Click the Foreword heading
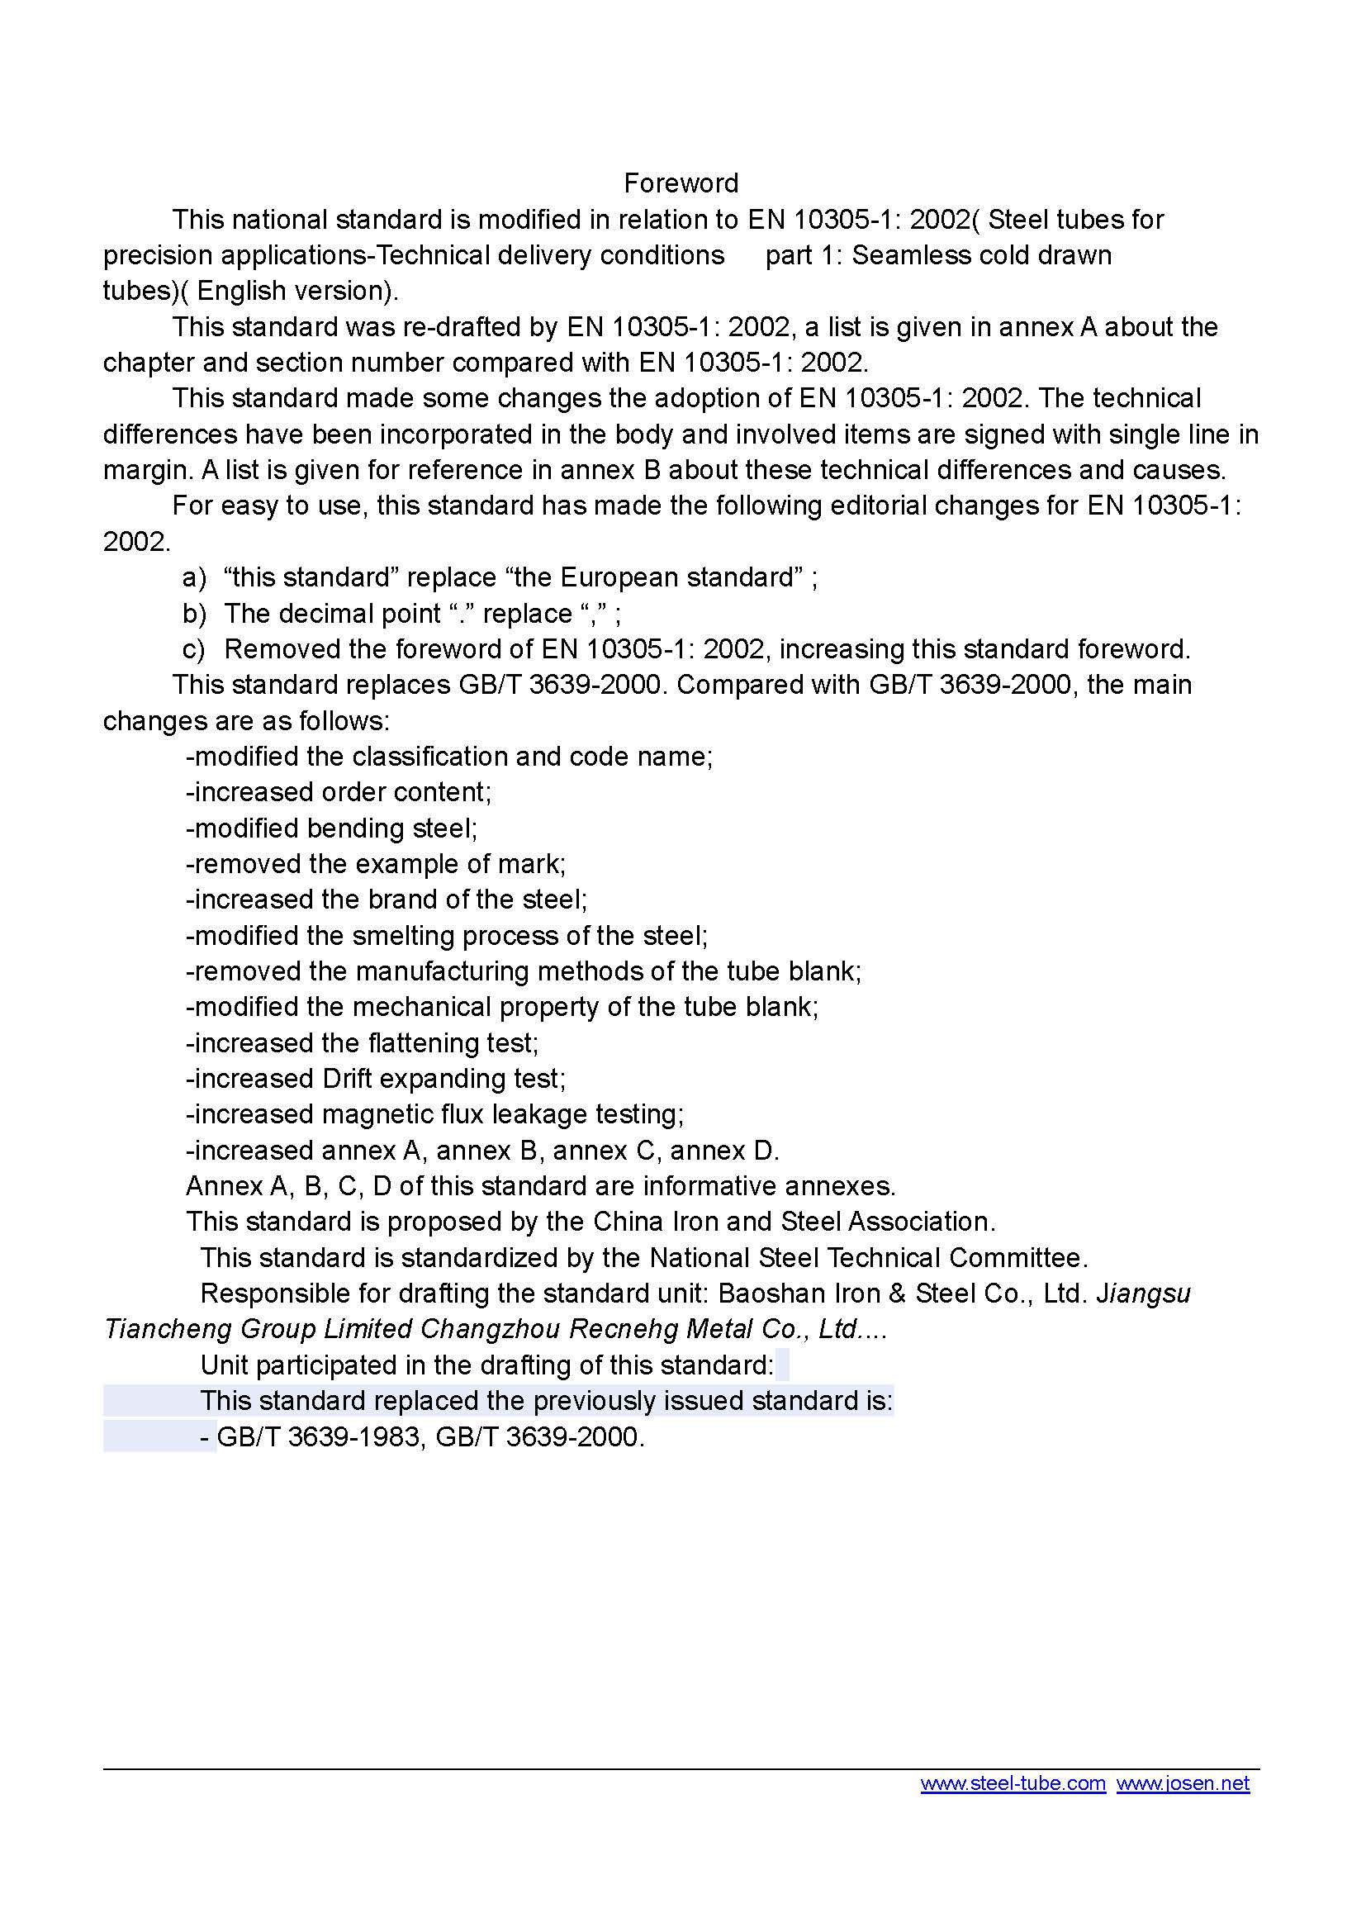(681, 183)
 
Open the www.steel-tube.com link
(1013, 1783)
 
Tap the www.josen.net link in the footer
(1183, 1783)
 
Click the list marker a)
(194, 577)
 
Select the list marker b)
(194, 614)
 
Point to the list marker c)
(193, 648)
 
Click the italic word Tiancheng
(167, 1330)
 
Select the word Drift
(352, 1079)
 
